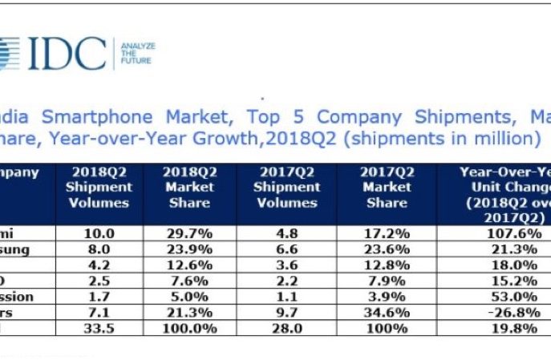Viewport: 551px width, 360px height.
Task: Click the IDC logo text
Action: (69, 54)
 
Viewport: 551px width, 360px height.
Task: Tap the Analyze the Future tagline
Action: (137, 54)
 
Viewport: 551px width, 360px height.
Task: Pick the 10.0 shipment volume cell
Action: (99, 233)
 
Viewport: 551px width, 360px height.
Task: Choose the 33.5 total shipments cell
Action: (99, 326)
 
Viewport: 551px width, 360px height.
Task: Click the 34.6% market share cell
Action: (386, 311)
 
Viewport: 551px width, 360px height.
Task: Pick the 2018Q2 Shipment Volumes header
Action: (99, 187)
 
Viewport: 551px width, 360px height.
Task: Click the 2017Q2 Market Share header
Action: (387, 187)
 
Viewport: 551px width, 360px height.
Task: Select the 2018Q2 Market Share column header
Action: (188, 187)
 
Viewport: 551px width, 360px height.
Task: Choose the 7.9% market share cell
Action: (386, 280)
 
